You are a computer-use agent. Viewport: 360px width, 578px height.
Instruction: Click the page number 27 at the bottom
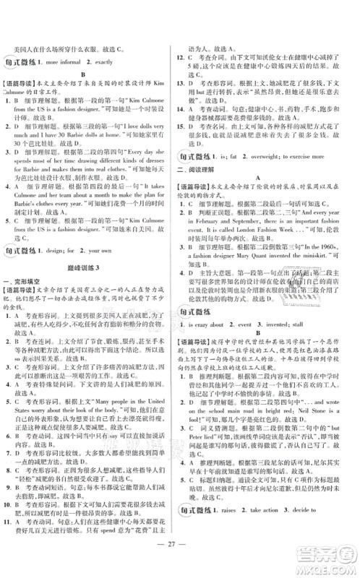click(x=179, y=544)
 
